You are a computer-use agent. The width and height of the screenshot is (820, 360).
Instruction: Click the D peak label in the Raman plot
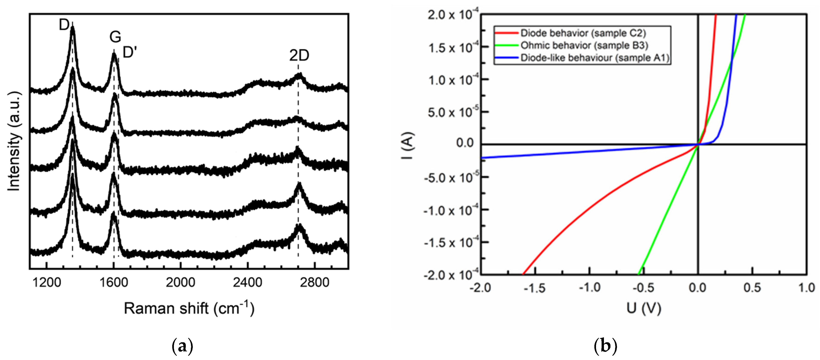(64, 25)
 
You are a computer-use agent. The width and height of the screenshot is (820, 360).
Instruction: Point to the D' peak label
(130, 52)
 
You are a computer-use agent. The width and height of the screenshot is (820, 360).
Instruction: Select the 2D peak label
(299, 56)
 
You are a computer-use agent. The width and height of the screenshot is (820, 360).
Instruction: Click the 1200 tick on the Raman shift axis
(47, 282)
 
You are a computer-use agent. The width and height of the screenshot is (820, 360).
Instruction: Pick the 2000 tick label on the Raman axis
(180, 282)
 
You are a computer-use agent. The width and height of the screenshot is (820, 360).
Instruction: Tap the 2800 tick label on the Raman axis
(314, 282)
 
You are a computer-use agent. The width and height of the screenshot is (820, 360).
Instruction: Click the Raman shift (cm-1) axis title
(189, 308)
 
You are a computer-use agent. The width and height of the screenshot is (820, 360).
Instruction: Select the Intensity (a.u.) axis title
(14, 142)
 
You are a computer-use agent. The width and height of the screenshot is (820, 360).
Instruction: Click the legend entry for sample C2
(582, 33)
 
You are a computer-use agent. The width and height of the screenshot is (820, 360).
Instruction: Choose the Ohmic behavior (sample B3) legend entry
(584, 45)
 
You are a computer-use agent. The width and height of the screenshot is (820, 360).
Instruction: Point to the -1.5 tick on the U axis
(535, 288)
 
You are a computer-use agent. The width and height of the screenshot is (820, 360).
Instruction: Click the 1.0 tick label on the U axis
(806, 288)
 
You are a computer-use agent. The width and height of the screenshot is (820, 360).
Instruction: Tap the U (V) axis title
(644, 308)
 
